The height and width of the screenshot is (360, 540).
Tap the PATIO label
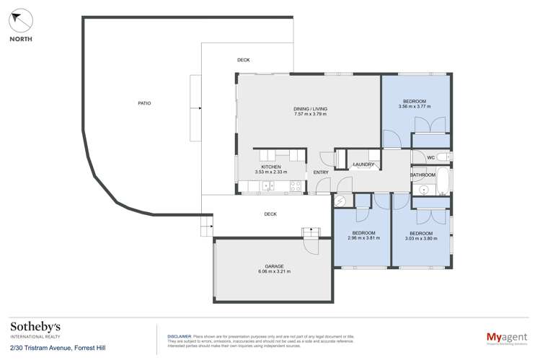[144, 104]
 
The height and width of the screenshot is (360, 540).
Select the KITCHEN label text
[270, 167]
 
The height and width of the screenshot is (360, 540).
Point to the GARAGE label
[273, 266]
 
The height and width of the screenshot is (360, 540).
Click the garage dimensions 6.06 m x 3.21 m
[273, 272]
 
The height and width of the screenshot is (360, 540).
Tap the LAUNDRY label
[363, 164]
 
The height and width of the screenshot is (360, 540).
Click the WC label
[430, 157]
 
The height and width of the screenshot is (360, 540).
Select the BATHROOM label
[422, 175]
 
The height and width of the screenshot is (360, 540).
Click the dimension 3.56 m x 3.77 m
[414, 107]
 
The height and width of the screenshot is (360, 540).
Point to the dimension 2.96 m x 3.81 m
[363, 238]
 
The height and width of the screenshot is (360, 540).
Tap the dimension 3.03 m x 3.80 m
[420, 238]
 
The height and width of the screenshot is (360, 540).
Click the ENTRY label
[320, 172]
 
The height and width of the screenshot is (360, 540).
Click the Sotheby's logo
[35, 330]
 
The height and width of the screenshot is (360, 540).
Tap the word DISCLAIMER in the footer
[180, 336]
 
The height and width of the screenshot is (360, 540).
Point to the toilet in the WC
[444, 157]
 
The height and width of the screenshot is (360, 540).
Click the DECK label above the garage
[270, 214]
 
